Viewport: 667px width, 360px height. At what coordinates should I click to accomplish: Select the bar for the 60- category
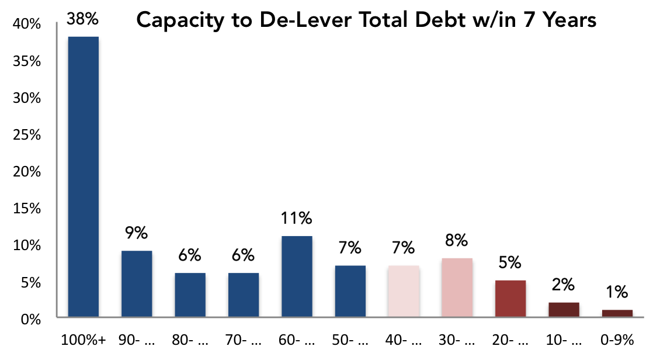click(x=297, y=276)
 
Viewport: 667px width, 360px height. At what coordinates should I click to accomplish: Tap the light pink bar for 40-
click(x=403, y=291)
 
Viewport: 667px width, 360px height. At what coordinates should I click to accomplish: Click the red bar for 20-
click(x=510, y=299)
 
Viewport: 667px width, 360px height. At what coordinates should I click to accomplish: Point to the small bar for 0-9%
click(x=617, y=313)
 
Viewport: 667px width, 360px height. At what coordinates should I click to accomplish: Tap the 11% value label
click(x=297, y=220)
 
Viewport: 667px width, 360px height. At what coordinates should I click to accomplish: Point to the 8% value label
click(x=457, y=241)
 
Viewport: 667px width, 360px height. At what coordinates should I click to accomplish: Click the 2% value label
click(x=564, y=285)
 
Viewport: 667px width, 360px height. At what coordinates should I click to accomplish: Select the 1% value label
click(x=617, y=292)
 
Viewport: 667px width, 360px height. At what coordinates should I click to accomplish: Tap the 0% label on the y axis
click(x=32, y=320)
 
